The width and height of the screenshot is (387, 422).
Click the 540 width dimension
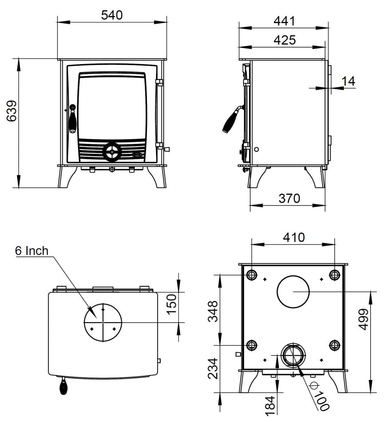pos(112,15)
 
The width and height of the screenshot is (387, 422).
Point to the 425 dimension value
pos(284,40)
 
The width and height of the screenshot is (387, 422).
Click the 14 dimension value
pos(349,81)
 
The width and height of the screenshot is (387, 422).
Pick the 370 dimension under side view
pos(289,198)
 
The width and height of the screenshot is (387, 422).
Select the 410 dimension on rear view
pos(293,237)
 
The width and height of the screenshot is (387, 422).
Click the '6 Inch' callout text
pos(32,251)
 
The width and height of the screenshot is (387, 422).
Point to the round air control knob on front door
pos(111,151)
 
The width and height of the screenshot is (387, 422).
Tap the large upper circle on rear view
pos(293,291)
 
